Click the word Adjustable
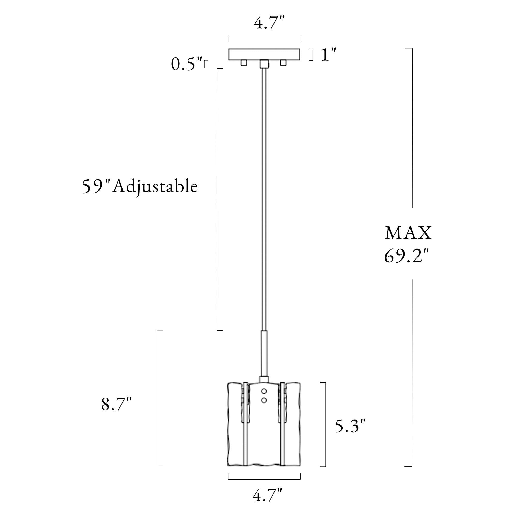(155, 187)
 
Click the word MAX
(408, 233)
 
